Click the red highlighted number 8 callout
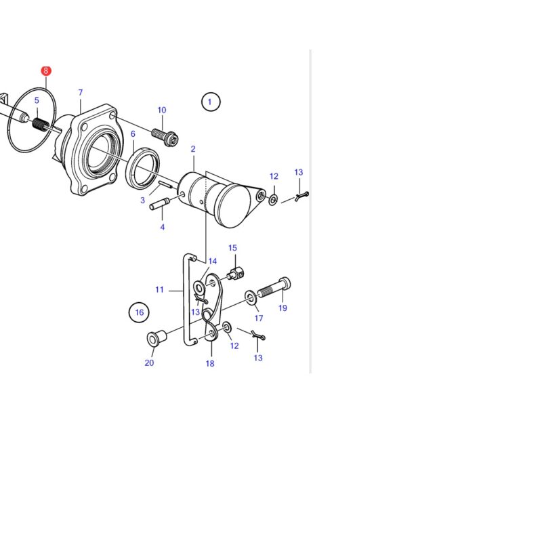(x=45, y=71)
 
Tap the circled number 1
(x=211, y=102)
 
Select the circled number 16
(x=139, y=312)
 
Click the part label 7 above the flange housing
(x=81, y=93)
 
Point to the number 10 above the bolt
(x=162, y=110)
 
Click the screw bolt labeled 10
(x=165, y=137)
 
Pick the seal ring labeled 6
(x=143, y=168)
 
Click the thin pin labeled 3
(x=165, y=184)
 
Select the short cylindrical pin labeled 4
(x=159, y=204)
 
